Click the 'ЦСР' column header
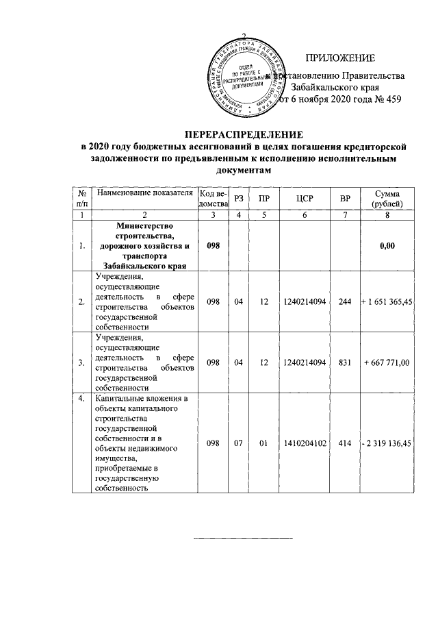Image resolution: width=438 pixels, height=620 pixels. (x=305, y=199)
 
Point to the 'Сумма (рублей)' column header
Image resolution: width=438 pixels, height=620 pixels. (x=387, y=199)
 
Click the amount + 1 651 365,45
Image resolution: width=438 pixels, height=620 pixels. (x=387, y=302)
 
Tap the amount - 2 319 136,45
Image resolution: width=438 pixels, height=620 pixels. (x=387, y=443)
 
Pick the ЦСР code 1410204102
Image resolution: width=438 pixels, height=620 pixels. (x=305, y=443)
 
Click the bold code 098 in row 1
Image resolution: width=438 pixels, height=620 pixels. (x=213, y=245)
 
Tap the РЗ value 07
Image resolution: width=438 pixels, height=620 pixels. (x=238, y=443)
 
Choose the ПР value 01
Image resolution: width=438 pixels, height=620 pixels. (x=263, y=443)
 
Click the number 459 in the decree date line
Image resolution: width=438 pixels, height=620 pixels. (x=392, y=100)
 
